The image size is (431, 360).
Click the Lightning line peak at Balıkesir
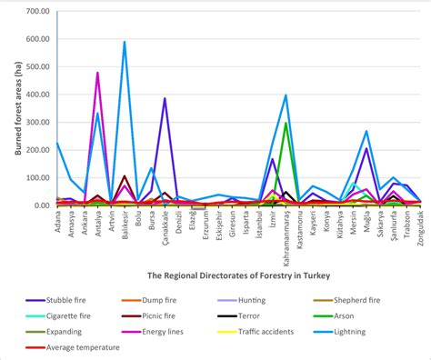[x=125, y=42]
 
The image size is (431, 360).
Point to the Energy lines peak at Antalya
[x=97, y=73]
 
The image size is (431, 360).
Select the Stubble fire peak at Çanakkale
[x=165, y=98]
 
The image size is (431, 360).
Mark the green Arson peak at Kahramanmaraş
[x=286, y=123]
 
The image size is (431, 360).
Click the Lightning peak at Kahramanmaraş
[x=286, y=95]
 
